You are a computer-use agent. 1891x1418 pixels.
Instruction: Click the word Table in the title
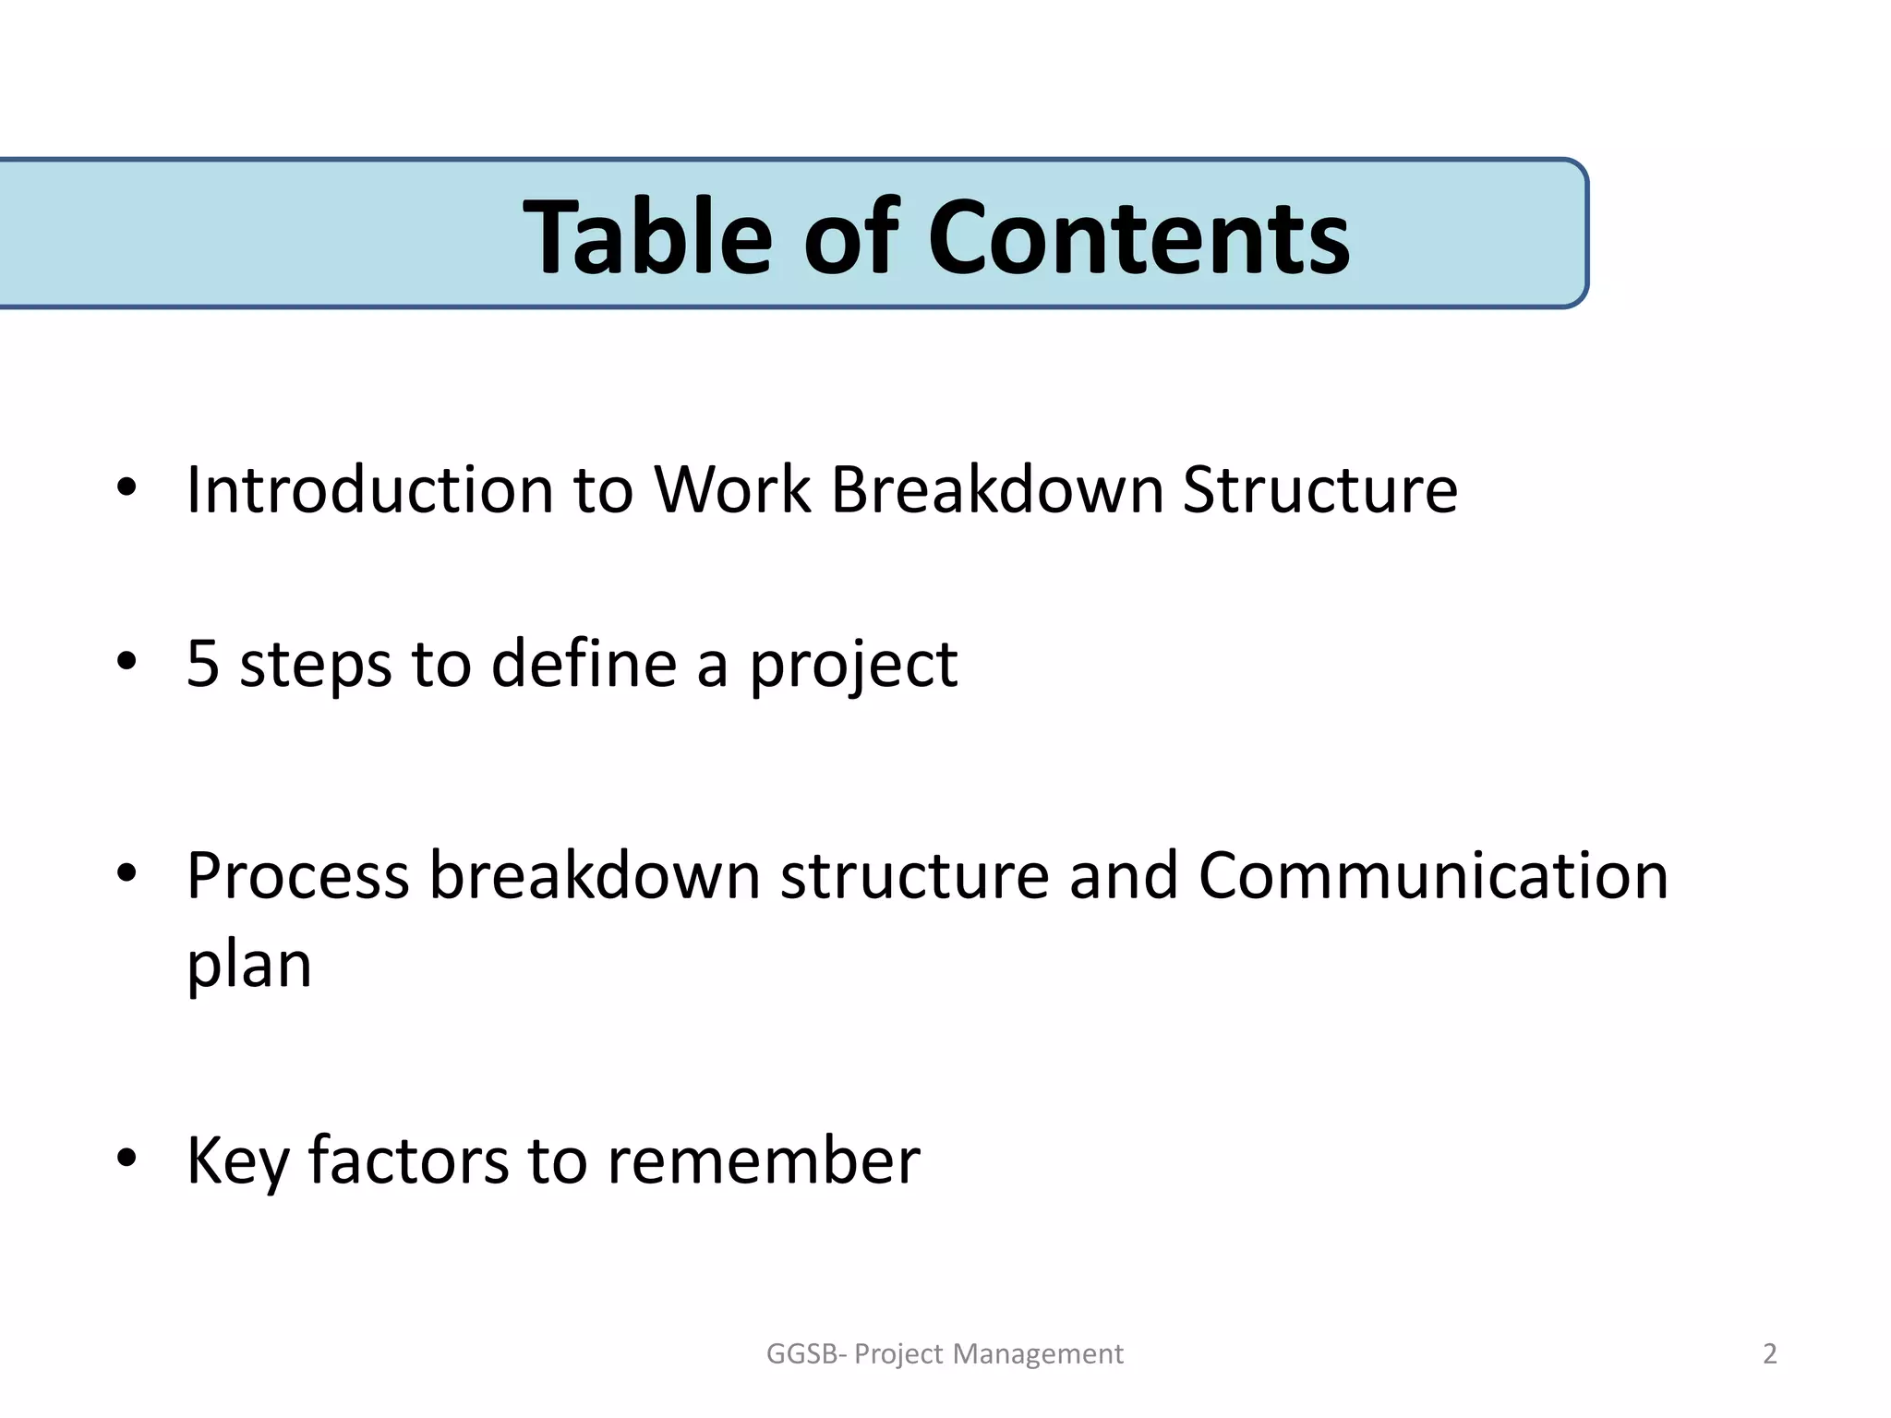[646, 238]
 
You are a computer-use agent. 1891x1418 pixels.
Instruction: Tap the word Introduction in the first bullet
[369, 489]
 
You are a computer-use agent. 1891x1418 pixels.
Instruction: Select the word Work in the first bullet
[731, 489]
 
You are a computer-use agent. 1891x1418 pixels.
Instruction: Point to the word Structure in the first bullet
[1320, 489]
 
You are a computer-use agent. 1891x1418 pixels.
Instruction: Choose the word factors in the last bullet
[407, 1160]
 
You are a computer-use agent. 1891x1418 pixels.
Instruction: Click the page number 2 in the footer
[1769, 1353]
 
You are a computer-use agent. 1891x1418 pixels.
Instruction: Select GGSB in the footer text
[801, 1353]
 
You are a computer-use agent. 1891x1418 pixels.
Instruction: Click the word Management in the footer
[1038, 1354]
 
